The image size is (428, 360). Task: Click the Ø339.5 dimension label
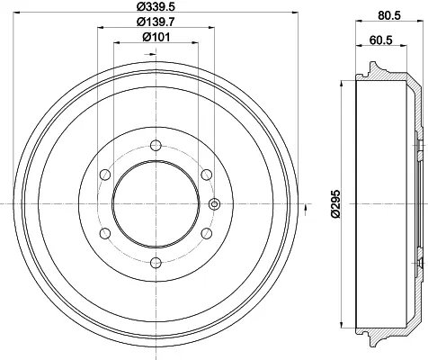pos(156,6)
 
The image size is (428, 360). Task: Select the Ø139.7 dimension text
pos(156,22)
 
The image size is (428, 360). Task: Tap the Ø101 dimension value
pos(156,37)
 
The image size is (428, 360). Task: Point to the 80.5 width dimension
pos(389,15)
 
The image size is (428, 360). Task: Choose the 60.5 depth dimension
pos(380,40)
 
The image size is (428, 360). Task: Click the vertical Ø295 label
pos(336,203)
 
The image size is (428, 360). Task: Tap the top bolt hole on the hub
pos(156,146)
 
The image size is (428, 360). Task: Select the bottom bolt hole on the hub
pos(156,263)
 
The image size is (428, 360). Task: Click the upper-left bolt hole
pos(105,175)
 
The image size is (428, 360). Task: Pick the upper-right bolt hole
pos(207,175)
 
